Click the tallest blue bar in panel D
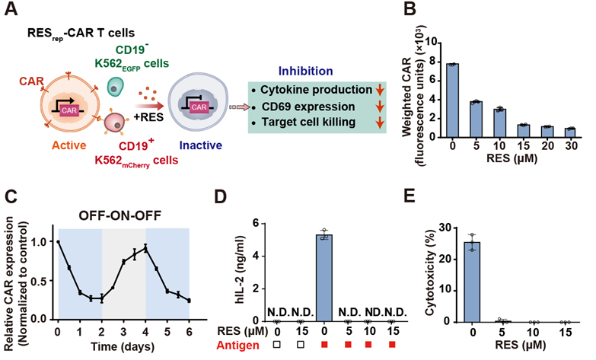point(325,278)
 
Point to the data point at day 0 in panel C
point(58,241)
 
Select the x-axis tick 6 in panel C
point(189,333)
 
